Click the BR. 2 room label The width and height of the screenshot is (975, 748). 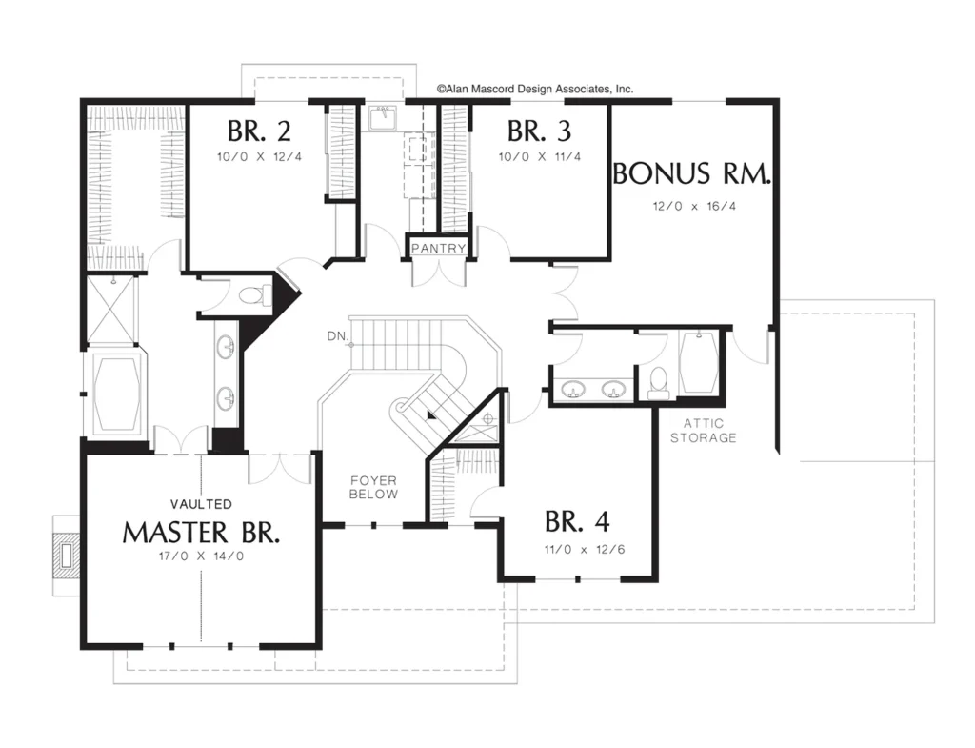coord(259,131)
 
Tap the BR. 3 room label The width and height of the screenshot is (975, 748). coord(539,131)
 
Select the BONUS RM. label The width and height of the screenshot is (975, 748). coord(692,173)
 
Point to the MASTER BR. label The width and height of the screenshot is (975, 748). coord(201,533)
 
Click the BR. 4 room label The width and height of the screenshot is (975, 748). coord(577,521)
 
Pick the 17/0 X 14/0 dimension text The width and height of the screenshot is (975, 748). coord(202,556)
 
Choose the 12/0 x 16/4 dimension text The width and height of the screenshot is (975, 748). coord(694,206)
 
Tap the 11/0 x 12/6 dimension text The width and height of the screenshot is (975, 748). coord(584,550)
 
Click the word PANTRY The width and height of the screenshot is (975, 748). coord(438,249)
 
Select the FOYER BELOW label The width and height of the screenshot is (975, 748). coord(373,487)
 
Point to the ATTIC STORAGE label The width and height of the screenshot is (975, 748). coord(704,431)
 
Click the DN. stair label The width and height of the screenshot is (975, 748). coord(337,336)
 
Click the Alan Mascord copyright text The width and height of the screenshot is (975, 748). coord(535,89)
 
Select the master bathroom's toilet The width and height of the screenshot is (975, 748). coord(255,294)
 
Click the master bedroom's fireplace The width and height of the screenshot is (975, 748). coord(66,556)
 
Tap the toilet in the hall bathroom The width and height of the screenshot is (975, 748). coord(659,383)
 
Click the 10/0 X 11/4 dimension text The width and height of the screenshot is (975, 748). coord(540,157)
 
